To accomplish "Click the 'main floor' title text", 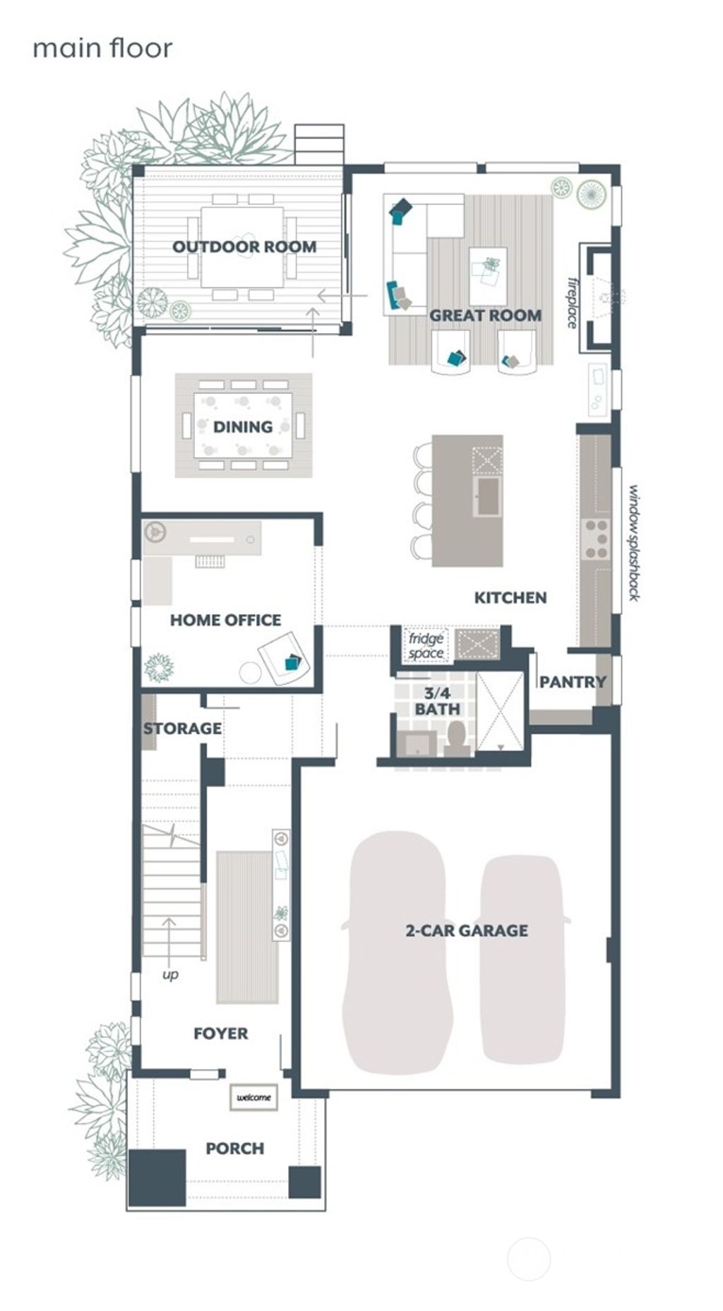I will tap(102, 49).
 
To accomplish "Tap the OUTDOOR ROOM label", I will tap(244, 247).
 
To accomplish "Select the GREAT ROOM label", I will tap(486, 316).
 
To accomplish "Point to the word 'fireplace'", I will tap(573, 303).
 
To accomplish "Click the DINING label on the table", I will tap(243, 427).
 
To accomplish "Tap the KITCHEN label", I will tap(510, 598).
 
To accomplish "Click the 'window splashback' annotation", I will tap(634, 542).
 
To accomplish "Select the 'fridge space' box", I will tap(426, 645).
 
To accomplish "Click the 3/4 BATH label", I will tap(437, 701).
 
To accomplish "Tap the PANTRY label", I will tap(573, 682).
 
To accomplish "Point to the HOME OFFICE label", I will tap(225, 621).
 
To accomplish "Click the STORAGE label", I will tap(182, 729).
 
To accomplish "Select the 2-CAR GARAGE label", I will tap(467, 930).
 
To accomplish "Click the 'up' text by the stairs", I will tap(170, 974).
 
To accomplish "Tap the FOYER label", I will tap(221, 1034).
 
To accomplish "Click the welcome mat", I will tap(253, 1098).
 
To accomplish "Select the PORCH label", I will tap(235, 1149).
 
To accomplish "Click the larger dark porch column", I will tap(157, 1177).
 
